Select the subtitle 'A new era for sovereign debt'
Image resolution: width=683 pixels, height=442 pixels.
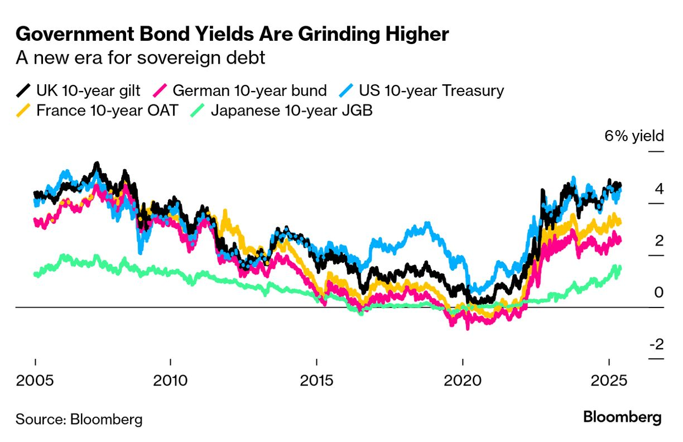(140, 57)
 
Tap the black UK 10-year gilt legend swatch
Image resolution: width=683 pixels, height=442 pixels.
(24, 90)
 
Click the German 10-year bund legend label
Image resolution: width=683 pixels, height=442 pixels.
(250, 90)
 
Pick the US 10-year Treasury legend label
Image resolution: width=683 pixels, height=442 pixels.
(431, 90)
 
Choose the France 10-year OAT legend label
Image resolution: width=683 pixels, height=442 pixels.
(107, 110)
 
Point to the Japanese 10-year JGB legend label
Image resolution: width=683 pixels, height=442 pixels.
(291, 110)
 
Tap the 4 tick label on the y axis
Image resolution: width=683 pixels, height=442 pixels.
(659, 189)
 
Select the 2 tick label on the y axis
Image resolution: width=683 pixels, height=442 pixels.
(659, 241)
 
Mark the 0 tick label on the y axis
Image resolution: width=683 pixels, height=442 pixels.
(659, 292)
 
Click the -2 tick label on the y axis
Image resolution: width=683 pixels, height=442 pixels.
(656, 344)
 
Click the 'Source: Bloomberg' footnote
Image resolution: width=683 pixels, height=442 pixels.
(79, 419)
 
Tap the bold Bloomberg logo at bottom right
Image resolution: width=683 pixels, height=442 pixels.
(622, 417)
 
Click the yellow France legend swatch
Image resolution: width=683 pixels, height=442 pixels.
(24, 110)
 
